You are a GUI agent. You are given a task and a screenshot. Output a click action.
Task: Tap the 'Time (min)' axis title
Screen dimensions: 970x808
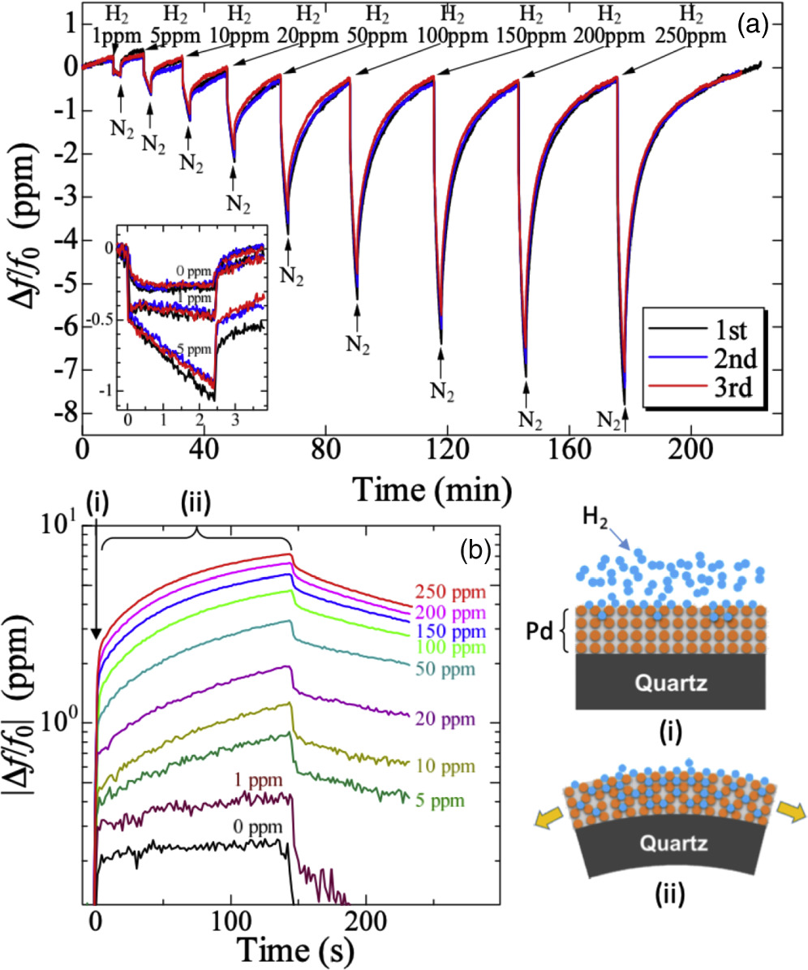(430, 489)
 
